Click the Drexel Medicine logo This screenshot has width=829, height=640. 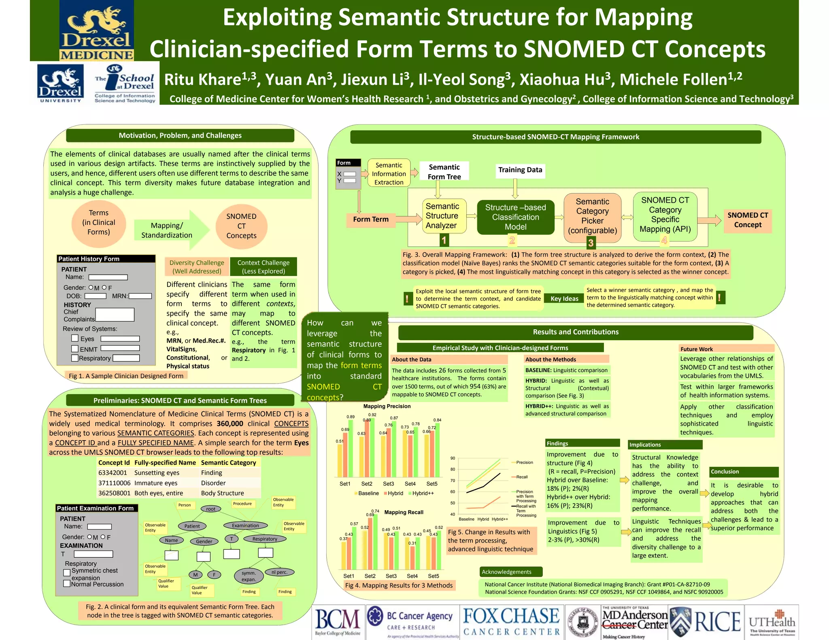click(x=96, y=31)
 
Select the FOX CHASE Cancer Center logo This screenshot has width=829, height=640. click(x=512, y=622)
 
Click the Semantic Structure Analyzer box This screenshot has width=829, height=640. click(x=442, y=216)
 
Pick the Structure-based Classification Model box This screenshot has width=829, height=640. click(x=515, y=217)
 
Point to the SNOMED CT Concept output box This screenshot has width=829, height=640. click(x=747, y=220)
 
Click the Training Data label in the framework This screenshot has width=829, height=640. click(x=520, y=170)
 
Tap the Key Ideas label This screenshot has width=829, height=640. click(x=564, y=299)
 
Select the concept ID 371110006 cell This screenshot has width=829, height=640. click(x=114, y=483)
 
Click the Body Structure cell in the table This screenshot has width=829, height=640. click(x=222, y=493)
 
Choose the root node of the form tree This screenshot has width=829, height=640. click(x=210, y=509)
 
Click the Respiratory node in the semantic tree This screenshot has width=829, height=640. click(x=265, y=539)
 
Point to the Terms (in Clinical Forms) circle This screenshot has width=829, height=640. click(x=99, y=223)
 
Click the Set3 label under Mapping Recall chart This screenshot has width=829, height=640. click(x=391, y=576)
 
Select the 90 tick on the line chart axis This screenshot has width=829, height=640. click(x=453, y=458)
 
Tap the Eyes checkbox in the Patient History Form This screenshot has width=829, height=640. click(x=75, y=338)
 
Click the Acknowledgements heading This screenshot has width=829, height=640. click(x=506, y=572)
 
